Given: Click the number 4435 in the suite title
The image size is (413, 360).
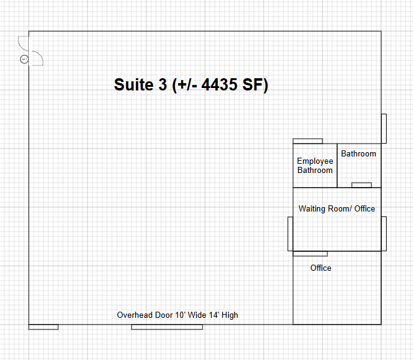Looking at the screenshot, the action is [x=219, y=84].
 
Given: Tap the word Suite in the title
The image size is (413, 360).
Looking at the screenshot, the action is [x=133, y=84].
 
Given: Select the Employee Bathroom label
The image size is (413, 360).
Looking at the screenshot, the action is [x=315, y=166].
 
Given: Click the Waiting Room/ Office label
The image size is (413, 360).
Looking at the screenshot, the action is [x=337, y=208].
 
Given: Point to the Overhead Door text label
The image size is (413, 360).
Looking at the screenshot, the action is [x=177, y=315].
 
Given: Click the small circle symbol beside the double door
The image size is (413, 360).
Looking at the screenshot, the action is [x=24, y=59].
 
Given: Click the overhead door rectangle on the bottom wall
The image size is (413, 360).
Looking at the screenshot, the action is [x=167, y=327].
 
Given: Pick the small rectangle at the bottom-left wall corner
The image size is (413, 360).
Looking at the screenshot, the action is [x=43, y=327].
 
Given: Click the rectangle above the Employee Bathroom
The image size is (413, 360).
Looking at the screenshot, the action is [x=308, y=141].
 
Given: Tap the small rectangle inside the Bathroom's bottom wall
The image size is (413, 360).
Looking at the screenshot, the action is [x=362, y=185].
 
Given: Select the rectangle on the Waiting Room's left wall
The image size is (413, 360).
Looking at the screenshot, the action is [x=290, y=234].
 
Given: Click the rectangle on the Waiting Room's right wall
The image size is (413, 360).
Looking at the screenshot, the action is [x=384, y=233].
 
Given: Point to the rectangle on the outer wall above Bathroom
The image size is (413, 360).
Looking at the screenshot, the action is [x=384, y=129].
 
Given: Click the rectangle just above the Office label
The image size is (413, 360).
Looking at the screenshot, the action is [x=310, y=254].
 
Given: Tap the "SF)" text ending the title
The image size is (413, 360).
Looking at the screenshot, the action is [x=255, y=84].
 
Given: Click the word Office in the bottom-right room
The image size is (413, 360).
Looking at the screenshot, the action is [x=321, y=268].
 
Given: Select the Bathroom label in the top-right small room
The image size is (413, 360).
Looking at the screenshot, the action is [x=359, y=153].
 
